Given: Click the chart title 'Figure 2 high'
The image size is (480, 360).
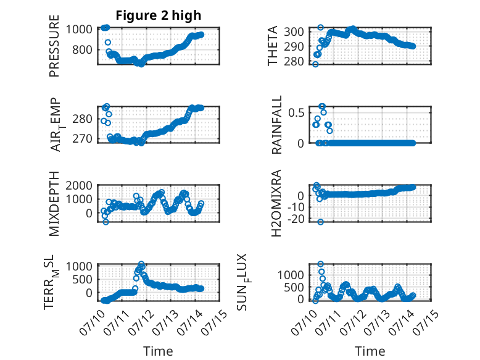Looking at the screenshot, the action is [159, 15].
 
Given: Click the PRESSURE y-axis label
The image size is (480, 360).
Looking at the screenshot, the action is [54, 46].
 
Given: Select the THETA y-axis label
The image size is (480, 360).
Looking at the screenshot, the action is [272, 46].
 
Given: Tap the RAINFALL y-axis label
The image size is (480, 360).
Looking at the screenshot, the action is [276, 125].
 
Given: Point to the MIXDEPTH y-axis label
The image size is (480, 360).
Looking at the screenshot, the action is [54, 204].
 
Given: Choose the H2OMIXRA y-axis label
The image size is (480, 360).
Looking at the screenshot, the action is [276, 203].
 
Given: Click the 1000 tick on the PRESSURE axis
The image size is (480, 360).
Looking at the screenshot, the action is [79, 30].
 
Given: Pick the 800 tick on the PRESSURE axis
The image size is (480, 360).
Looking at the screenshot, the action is [82, 49].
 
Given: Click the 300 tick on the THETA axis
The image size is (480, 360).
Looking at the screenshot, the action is [294, 31].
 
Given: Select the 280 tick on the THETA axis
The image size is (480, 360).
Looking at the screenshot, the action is [294, 61].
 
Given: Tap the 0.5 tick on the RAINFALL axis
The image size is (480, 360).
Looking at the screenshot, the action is [296, 112].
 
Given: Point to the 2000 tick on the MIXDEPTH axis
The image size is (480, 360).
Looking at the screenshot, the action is [79, 185].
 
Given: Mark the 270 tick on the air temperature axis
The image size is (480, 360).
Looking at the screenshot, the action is [82, 139].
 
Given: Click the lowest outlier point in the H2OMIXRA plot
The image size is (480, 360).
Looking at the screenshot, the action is [320, 222].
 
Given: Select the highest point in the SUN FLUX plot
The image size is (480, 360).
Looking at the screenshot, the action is [320, 264].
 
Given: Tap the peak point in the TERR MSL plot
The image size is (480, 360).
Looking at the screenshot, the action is [141, 264].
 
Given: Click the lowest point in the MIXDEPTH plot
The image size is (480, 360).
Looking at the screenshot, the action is [106, 222].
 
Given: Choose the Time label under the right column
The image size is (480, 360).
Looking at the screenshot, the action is [370, 351].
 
